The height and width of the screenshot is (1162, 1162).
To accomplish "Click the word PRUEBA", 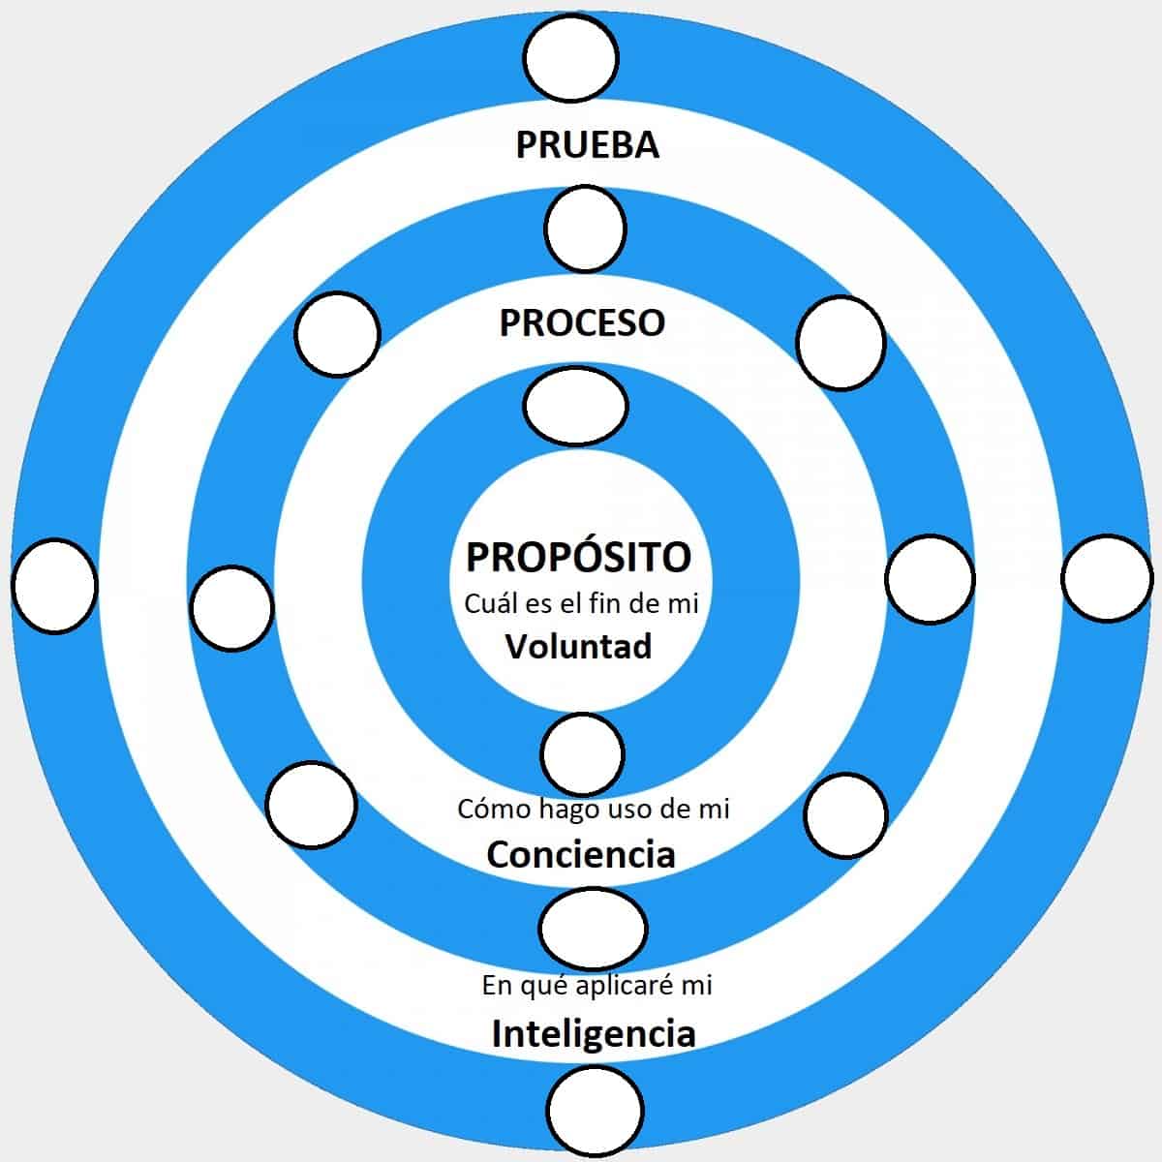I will coord(587,144).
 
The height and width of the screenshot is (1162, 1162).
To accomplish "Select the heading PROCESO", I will coord(582,322).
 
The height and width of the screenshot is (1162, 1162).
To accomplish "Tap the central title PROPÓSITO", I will coord(579,557).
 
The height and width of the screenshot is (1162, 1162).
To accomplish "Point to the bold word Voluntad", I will coord(579,646).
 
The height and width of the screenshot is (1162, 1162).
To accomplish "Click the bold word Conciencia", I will coord(581,854).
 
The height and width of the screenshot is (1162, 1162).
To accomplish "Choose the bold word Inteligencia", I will coord(594,1033).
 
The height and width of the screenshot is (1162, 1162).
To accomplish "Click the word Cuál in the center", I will coord(486,603).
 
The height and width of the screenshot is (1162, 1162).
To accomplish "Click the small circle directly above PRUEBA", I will coord(571,57).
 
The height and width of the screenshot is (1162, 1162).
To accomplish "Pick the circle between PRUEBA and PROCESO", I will coord(585,229).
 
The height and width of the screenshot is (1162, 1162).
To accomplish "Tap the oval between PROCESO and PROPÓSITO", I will coord(575,406).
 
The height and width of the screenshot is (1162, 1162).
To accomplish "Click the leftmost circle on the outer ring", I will coord(55,585).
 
